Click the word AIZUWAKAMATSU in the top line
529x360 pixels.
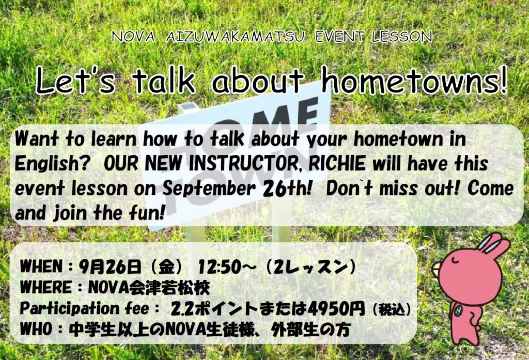point(235,37)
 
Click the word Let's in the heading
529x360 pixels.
point(75,81)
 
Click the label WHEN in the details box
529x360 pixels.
point(41,267)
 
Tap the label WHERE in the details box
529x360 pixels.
point(46,288)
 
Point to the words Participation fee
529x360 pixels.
point(84,308)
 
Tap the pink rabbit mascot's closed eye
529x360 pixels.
point(454,260)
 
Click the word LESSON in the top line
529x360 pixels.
point(402,37)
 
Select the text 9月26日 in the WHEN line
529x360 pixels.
point(110,267)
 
